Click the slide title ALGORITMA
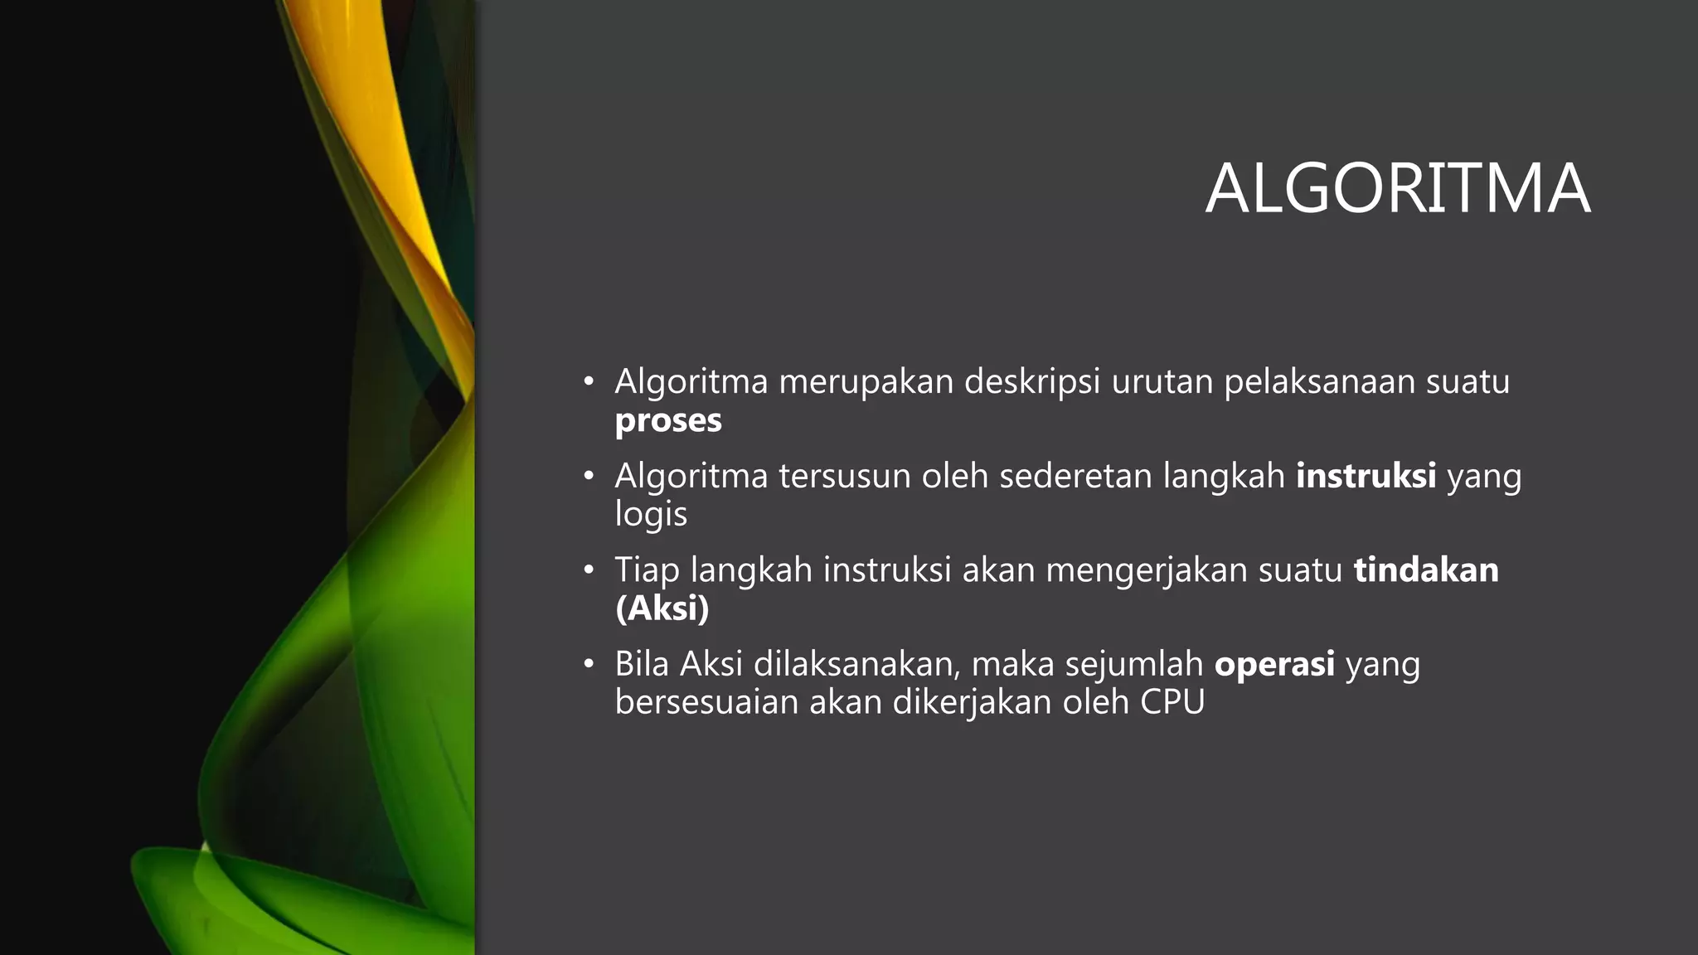tap(1397, 189)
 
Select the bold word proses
tap(668, 421)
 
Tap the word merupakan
tap(866, 382)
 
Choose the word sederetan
tap(1075, 477)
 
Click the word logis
tap(651, 515)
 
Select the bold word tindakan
tap(1426, 570)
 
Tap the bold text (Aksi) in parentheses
tap(662, 608)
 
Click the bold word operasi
tap(1274, 665)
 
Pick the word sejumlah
tap(1133, 665)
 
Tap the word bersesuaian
tap(706, 703)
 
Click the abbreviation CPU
tap(1172, 703)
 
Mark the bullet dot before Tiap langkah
tap(589, 570)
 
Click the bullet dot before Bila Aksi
tap(589, 664)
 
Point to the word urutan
tap(1162, 382)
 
